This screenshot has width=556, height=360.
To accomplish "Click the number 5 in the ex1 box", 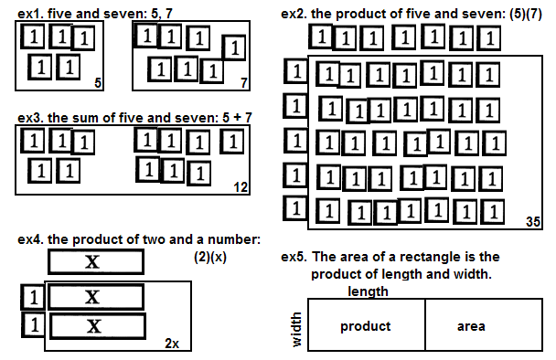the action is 98,83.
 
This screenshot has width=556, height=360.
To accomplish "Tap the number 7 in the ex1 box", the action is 243,83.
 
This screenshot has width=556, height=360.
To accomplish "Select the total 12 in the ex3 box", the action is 241,187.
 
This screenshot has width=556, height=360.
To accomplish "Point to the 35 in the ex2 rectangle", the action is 533,222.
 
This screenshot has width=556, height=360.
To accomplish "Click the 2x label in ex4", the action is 172,344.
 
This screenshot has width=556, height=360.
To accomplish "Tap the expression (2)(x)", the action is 210,257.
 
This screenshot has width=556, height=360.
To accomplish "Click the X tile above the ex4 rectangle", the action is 96,262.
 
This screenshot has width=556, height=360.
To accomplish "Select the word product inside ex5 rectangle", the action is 366,326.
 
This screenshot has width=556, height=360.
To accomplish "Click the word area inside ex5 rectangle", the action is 471,326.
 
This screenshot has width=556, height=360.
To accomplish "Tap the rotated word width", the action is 296,329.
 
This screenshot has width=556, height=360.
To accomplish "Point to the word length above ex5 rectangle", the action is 368,291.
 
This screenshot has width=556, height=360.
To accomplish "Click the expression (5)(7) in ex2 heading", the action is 526,15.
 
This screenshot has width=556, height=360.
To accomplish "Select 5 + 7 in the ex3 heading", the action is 237,118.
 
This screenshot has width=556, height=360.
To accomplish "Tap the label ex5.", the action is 294,257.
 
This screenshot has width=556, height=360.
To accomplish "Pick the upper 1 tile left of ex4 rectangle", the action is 33,297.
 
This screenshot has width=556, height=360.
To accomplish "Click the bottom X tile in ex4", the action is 98,326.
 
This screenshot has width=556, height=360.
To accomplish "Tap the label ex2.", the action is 294,15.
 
